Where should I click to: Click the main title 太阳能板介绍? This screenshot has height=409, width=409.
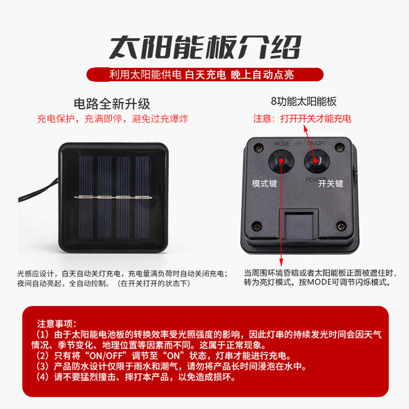pyautogui.click(x=205, y=47)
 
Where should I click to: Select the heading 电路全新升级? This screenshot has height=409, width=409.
pyautogui.click(x=112, y=104)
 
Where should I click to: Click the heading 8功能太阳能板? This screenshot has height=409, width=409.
pyautogui.click(x=304, y=101)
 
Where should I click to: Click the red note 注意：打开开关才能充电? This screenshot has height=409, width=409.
pyautogui.click(x=302, y=119)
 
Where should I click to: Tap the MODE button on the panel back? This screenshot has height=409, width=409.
pyautogui.click(x=281, y=161)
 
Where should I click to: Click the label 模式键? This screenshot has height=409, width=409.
pyautogui.click(x=264, y=184)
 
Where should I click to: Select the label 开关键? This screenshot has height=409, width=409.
pyautogui.click(x=330, y=184)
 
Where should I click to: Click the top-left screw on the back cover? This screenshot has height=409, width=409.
pyautogui.click(x=259, y=148)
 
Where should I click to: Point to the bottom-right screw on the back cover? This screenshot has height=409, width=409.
pyautogui.click(x=341, y=226)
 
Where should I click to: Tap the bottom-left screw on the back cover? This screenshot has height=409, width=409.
pyautogui.click(x=257, y=226)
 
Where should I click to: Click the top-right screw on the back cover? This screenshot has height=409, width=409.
pyautogui.click(x=339, y=148)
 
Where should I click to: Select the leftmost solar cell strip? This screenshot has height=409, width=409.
pyautogui.click(x=86, y=197)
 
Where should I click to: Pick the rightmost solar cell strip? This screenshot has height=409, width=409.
pyautogui.click(x=143, y=197)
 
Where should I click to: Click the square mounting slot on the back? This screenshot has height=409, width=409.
pyautogui.click(x=299, y=224)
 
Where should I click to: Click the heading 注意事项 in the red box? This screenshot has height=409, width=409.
pyautogui.click(x=57, y=324)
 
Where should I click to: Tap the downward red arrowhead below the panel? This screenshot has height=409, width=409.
pyautogui.click(x=281, y=262)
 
